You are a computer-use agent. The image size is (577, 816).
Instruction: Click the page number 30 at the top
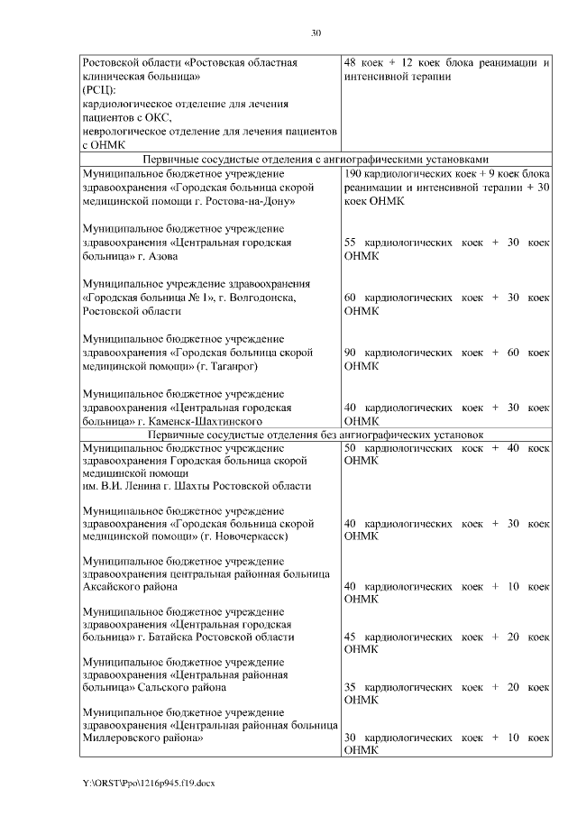coord(316,33)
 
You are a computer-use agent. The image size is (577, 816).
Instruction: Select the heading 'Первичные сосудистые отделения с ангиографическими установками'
coord(316,159)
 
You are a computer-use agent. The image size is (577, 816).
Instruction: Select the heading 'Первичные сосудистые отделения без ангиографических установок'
coord(316,435)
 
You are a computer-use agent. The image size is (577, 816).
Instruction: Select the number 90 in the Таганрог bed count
coord(352,352)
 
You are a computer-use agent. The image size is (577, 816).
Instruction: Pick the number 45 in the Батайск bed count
coord(352,637)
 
